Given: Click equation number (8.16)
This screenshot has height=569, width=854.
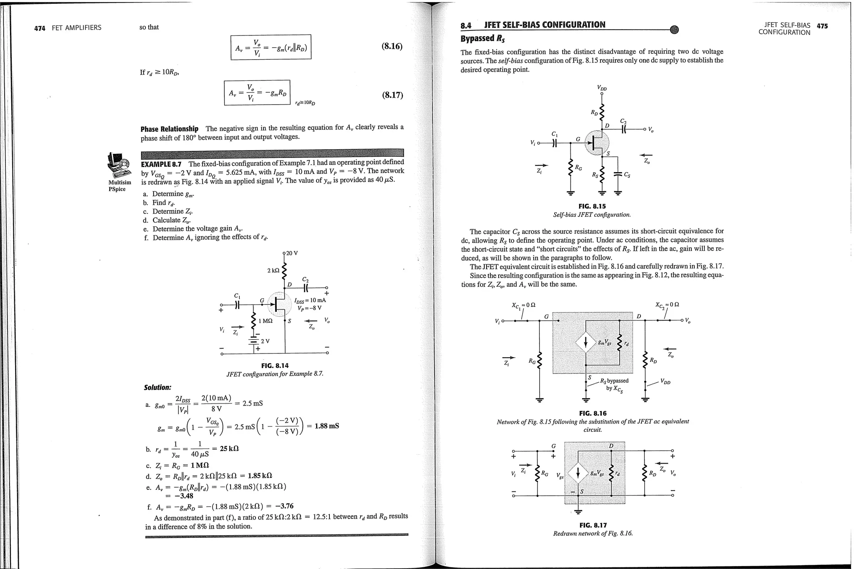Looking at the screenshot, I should (392, 46).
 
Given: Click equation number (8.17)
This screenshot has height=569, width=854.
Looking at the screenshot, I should (392, 95).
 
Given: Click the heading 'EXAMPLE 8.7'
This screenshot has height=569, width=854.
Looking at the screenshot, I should (163, 163).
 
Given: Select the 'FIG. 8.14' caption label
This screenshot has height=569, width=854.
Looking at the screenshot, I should (275, 366).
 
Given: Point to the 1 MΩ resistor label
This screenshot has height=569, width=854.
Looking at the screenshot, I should (265, 321).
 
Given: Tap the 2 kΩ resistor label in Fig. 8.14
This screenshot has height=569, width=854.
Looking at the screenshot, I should (273, 271).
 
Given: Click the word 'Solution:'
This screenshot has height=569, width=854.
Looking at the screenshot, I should (158, 388).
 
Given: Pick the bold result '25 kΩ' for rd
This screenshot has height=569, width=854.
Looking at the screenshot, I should (229, 449).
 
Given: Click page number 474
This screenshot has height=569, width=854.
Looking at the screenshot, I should (40, 28).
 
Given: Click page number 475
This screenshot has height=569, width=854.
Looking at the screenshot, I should (822, 26).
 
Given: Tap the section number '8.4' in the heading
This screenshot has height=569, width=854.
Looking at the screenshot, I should (466, 25).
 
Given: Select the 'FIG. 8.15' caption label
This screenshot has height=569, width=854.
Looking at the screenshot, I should (592, 206).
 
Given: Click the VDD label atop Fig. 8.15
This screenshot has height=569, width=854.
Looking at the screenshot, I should (602, 88).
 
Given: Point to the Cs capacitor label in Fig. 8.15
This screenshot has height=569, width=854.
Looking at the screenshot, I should (627, 175).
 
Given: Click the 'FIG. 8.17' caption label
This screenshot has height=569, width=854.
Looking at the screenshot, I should (593, 525).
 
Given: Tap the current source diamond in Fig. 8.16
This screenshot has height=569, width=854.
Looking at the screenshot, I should (586, 343).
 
